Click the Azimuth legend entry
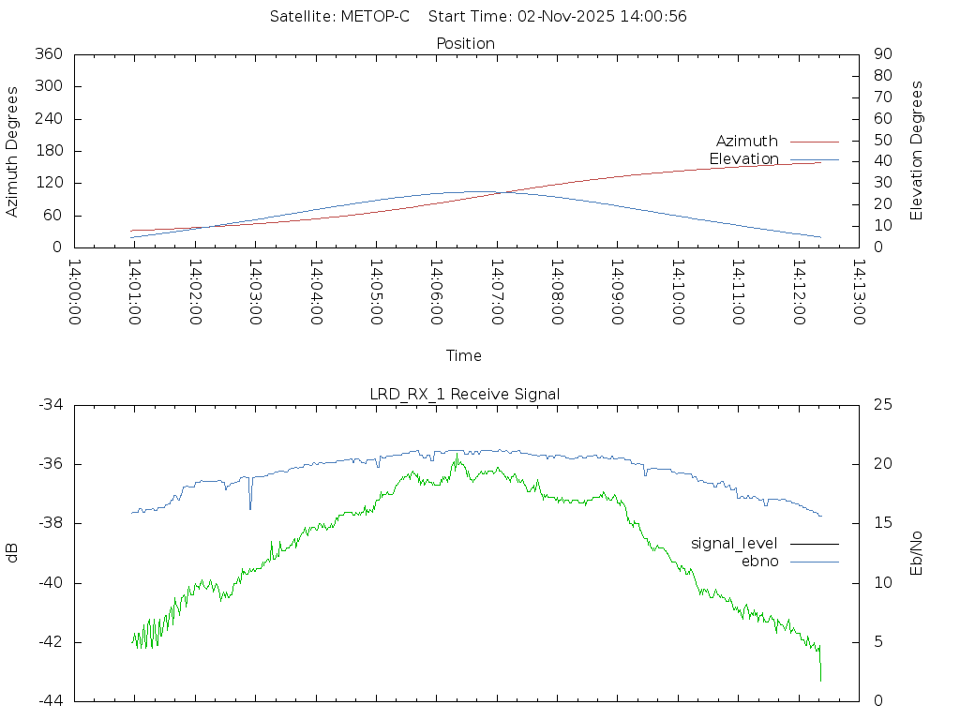pos(747,142)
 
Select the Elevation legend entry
pos(743,159)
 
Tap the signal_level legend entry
pos(734,544)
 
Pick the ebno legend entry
pos(759,562)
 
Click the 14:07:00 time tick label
pos(496,292)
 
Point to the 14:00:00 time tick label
pos(74,292)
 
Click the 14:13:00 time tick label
pos(857,292)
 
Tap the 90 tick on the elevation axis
pos(881,54)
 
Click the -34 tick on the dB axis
pos(49,405)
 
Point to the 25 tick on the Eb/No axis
pos(882,405)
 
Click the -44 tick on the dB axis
pos(49,701)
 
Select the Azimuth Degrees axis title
pos(12,151)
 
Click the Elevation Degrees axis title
pos(917,151)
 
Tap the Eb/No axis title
pos(917,553)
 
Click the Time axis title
pos(464,356)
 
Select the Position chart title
pos(465,43)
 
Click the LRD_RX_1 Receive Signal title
pos(465,394)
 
